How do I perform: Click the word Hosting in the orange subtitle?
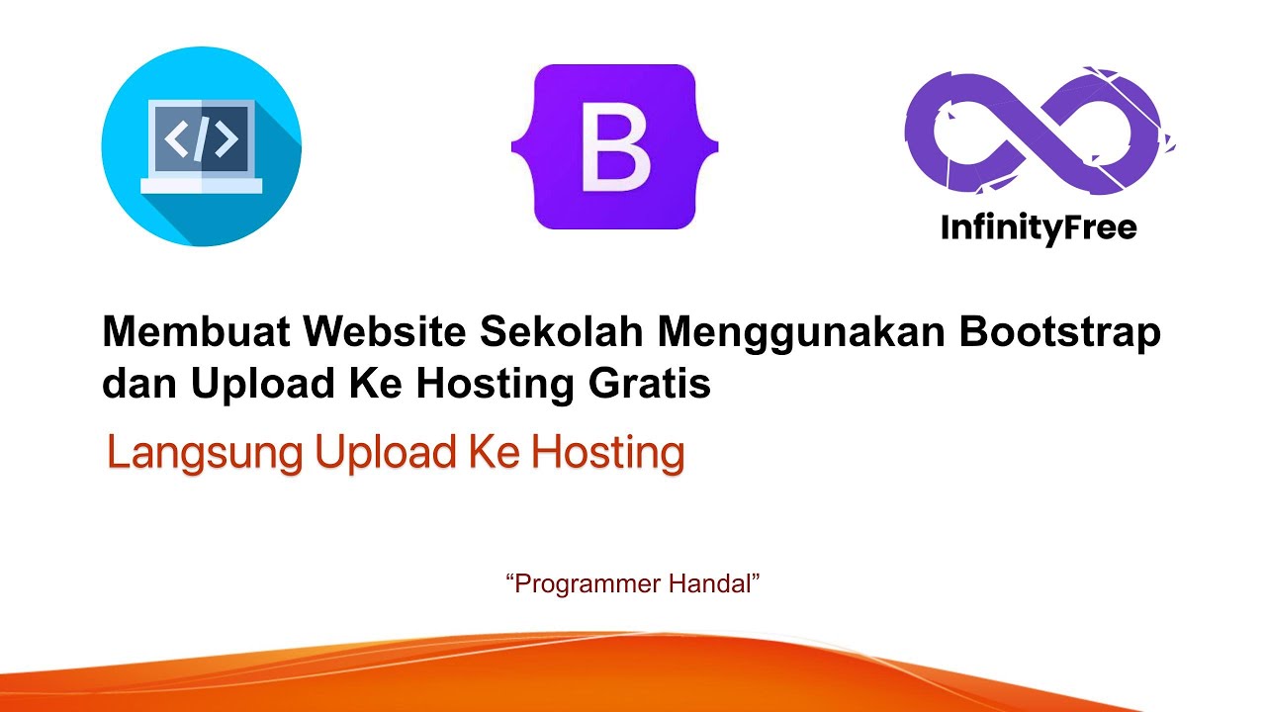[x=607, y=454]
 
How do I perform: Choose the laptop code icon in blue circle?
[x=201, y=145]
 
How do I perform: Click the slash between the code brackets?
[x=201, y=139]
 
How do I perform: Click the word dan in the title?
[x=138, y=385]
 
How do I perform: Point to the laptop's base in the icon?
[x=201, y=185]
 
